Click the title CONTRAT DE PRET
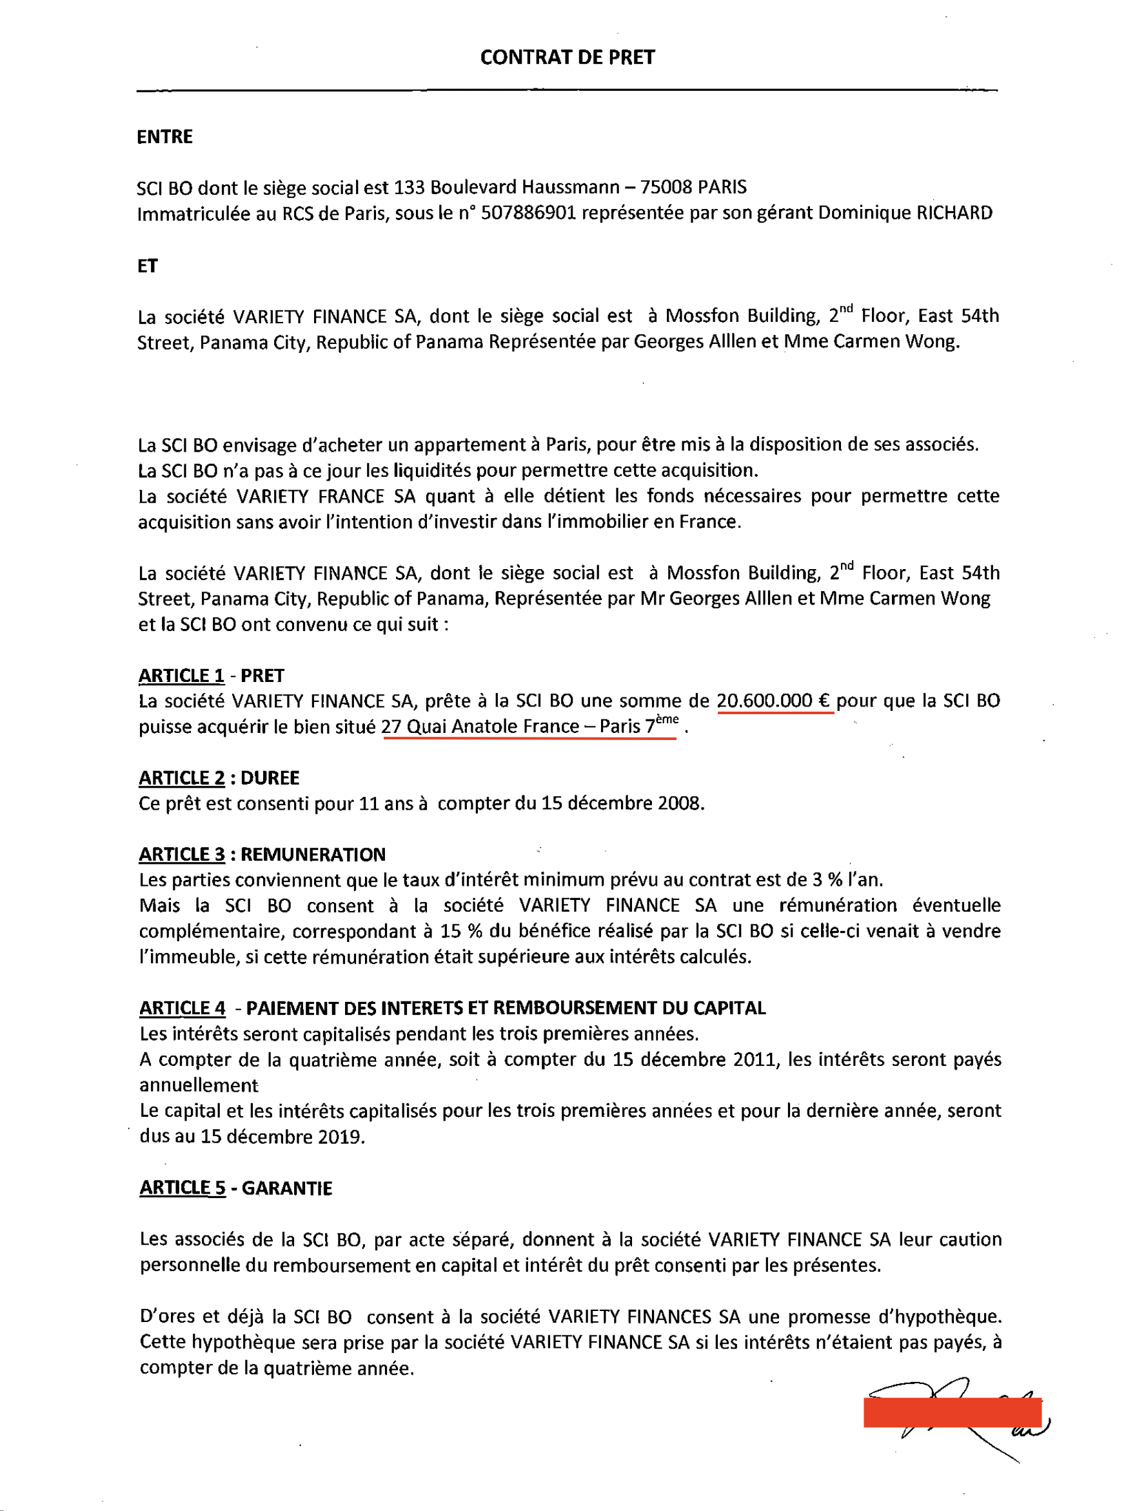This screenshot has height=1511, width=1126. click(x=567, y=57)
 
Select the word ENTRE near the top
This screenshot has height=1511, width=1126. click(x=165, y=137)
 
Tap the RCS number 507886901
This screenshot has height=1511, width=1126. click(x=528, y=214)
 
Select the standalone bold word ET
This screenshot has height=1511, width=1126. click(x=147, y=266)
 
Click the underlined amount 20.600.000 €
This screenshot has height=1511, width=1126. click(x=774, y=701)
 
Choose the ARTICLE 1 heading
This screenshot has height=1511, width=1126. click(x=181, y=675)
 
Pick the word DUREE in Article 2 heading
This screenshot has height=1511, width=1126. click(x=270, y=778)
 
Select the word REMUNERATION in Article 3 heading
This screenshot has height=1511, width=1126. click(x=313, y=854)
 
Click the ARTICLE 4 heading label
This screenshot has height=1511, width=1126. click(x=182, y=1008)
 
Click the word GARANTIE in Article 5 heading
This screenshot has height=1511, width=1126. click(x=287, y=1188)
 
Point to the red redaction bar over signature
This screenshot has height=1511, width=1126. click(x=952, y=1412)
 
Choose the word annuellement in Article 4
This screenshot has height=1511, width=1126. click(x=199, y=1086)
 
